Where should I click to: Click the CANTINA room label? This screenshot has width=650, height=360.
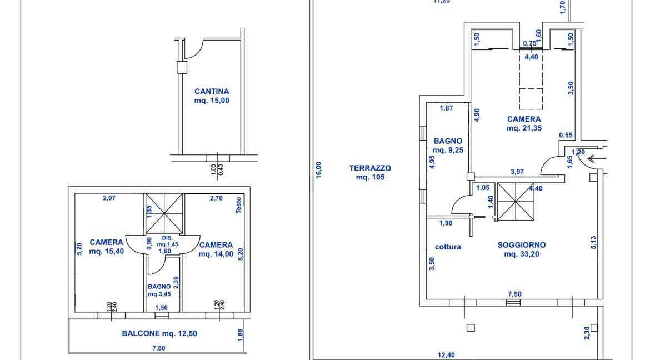coord(212,96)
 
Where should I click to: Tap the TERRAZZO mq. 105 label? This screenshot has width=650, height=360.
coord(370,173)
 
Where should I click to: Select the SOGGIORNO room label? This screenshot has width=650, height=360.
coord(522,249)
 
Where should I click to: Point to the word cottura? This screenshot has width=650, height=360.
coord(448,247)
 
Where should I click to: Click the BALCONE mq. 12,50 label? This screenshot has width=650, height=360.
coord(159,333)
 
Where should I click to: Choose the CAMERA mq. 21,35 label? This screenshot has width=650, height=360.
coord(524,123)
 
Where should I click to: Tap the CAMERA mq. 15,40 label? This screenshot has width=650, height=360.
coord(107,246)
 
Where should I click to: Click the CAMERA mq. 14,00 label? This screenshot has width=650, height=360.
coord(216,249)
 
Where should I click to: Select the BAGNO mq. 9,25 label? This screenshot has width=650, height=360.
coord(448,146)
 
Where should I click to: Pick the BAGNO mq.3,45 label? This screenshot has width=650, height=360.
coord(159,291)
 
